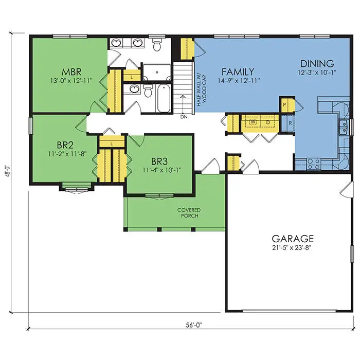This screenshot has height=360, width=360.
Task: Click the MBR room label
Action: coord(69,70)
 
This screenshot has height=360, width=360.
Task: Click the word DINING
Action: coord(317,64)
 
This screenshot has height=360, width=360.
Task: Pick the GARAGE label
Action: coord(293,239)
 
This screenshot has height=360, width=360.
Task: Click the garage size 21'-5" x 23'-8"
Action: coord(293,248)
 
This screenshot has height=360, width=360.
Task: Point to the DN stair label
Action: coord(184,117)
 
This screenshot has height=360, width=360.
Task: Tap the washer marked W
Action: coord(253,122)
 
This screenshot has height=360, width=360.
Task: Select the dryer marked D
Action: coord(268,122)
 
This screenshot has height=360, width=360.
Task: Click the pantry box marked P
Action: coord(285,104)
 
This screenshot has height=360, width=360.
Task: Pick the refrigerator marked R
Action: coord(290,123)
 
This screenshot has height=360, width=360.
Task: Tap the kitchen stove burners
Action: coord(313,163)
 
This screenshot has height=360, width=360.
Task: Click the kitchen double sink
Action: coord(344,126)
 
